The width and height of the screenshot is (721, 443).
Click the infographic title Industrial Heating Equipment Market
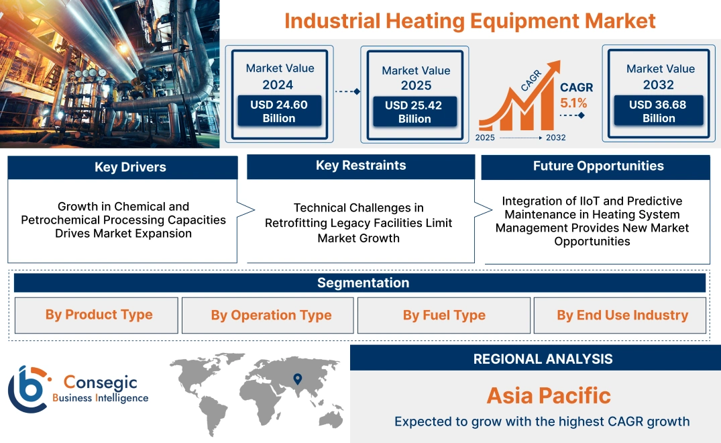click(469, 20)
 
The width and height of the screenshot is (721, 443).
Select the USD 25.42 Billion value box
click(414, 111)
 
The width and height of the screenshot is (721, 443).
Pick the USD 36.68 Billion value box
click(659, 111)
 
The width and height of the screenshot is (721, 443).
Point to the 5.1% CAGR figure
click(573, 103)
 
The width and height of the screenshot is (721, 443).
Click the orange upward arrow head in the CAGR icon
click(553, 68)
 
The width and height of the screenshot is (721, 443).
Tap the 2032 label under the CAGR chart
click(555, 138)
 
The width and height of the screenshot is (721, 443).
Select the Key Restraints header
click(361, 166)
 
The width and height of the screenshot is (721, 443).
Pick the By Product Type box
click(99, 315)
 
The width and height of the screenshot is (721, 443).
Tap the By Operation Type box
click(271, 315)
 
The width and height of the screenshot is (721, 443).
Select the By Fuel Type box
click(444, 315)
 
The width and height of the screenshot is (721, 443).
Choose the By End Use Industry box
click(622, 315)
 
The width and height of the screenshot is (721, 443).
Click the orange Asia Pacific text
click(549, 395)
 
